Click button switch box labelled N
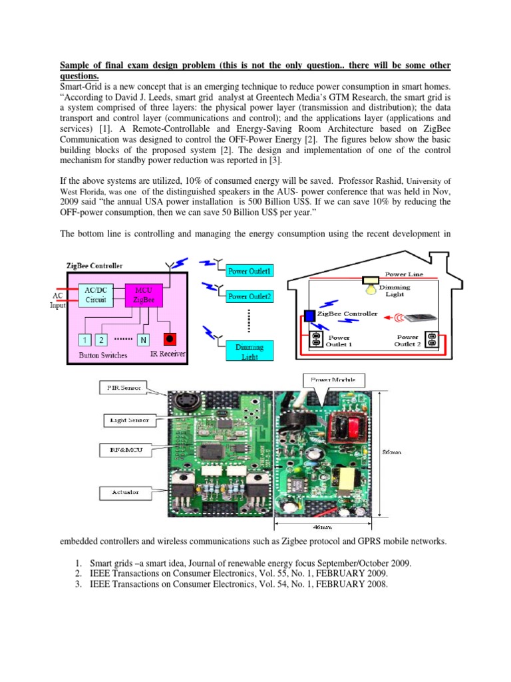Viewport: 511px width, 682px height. click(x=142, y=340)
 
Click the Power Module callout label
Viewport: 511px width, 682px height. click(x=331, y=380)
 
